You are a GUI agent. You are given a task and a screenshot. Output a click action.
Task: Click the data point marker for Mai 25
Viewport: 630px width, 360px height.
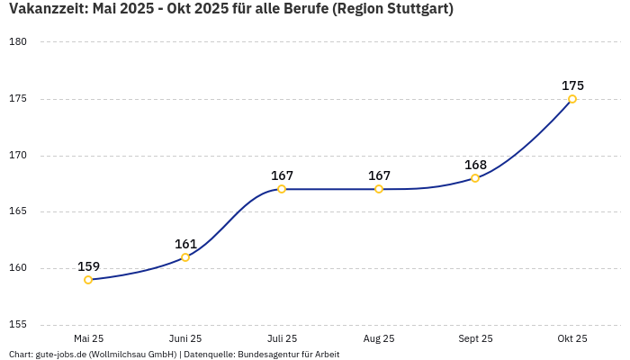click(88, 280)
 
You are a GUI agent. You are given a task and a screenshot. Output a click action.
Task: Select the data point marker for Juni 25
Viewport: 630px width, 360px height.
click(185, 257)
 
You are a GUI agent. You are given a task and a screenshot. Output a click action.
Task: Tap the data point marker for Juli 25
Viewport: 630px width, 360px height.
click(282, 189)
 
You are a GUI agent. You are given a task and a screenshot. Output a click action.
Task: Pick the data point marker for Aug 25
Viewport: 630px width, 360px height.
click(379, 189)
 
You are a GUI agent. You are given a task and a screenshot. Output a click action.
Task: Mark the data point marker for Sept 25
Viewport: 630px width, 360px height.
click(475, 178)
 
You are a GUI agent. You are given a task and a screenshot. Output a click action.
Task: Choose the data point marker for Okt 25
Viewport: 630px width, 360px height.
click(572, 99)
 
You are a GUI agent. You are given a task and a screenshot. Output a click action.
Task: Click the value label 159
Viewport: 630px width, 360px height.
click(88, 266)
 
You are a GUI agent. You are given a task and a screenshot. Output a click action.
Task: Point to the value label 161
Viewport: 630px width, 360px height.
click(185, 244)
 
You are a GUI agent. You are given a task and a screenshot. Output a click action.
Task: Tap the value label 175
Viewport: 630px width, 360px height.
click(572, 85)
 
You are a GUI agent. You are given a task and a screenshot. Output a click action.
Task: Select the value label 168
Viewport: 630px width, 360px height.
click(475, 165)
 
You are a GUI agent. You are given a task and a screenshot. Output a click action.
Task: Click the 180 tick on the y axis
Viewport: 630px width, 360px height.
click(18, 42)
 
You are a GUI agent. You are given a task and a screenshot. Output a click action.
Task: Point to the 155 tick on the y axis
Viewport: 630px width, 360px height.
click(18, 325)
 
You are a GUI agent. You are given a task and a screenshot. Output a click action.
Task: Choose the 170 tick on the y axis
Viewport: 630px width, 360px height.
click(18, 156)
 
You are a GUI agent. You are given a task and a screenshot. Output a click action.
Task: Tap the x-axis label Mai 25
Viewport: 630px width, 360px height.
click(88, 338)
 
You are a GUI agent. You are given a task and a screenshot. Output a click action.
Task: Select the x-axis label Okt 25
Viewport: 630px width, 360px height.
click(572, 338)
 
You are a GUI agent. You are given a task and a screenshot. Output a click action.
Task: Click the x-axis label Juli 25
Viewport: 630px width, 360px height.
click(282, 338)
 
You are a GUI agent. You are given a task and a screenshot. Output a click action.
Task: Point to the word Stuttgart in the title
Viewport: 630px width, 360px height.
click(418, 10)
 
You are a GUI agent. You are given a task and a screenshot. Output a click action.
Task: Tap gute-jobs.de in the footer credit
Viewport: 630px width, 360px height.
click(60, 355)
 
